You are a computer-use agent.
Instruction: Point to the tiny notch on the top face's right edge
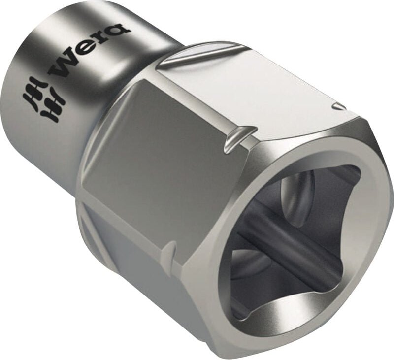pos(340,106)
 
